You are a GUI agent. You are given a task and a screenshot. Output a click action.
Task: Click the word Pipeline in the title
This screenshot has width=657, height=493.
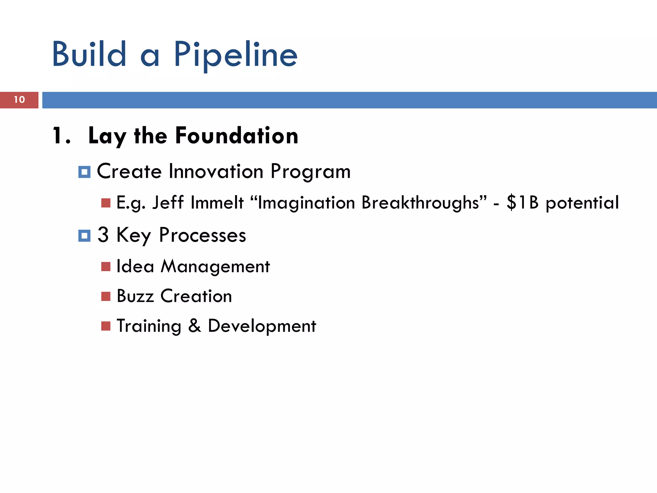(x=236, y=55)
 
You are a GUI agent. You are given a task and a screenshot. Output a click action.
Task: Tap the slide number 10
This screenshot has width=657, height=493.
(x=19, y=100)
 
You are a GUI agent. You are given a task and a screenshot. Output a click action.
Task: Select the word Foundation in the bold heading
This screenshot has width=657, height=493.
(x=237, y=136)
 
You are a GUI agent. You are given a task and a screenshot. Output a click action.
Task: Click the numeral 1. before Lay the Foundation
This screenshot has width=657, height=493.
(x=61, y=136)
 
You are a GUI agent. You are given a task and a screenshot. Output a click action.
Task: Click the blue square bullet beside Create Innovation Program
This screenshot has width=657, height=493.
(x=84, y=172)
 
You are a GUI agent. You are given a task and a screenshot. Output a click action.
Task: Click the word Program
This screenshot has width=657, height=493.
(x=311, y=172)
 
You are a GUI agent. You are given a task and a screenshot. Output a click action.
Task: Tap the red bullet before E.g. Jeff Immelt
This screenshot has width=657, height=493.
(x=106, y=203)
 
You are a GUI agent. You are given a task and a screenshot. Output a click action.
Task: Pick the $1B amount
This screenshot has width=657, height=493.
(x=523, y=203)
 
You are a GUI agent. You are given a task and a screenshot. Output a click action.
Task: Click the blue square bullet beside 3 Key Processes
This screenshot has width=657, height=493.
(x=84, y=236)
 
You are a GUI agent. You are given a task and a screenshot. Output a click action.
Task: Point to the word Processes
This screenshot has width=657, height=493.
(x=202, y=235)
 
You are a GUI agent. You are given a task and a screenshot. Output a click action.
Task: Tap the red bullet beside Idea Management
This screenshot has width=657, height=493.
(x=106, y=266)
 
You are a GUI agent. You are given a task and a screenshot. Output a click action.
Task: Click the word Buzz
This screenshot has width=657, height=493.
(x=135, y=296)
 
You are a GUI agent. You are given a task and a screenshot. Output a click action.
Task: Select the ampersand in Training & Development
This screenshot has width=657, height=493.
(x=195, y=325)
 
